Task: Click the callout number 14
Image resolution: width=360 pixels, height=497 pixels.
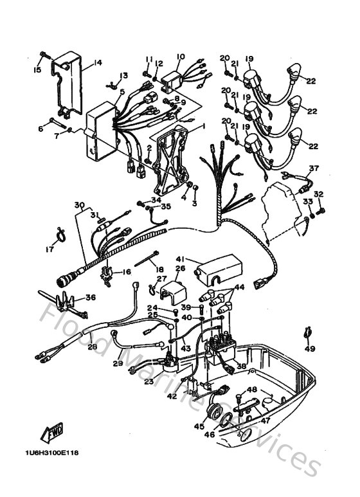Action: pyautogui.click(x=98, y=62)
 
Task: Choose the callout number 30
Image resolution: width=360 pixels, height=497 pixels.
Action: pyautogui.click(x=78, y=205)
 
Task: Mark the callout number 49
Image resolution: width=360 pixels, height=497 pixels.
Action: pyautogui.click(x=310, y=348)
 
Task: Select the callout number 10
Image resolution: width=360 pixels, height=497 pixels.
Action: pyautogui.click(x=180, y=57)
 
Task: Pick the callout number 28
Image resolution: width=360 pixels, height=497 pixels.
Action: pyautogui.click(x=92, y=347)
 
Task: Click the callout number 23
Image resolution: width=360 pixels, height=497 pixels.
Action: pyautogui.click(x=148, y=381)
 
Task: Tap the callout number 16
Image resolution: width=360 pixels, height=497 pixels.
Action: pyautogui.click(x=127, y=272)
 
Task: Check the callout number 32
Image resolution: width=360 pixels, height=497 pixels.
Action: pyautogui.click(x=318, y=194)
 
